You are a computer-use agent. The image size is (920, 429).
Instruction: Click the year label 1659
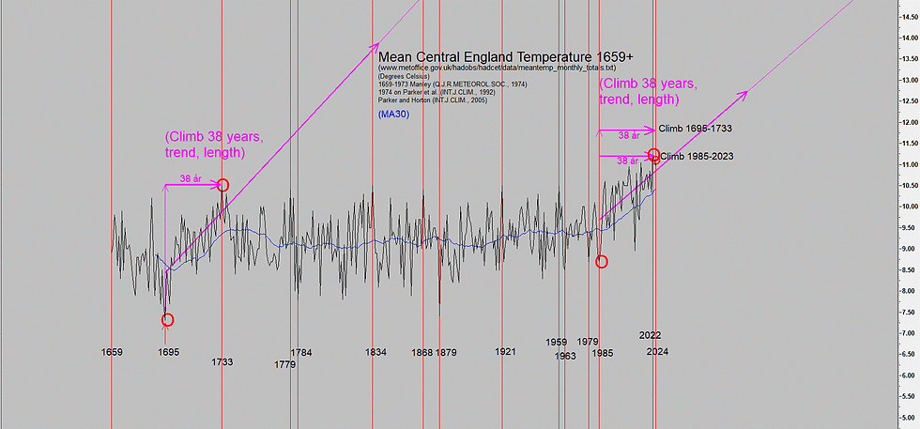click(x=112, y=352)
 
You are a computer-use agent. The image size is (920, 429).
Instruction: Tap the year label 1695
click(x=169, y=352)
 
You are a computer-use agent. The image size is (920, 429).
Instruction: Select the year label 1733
click(x=222, y=361)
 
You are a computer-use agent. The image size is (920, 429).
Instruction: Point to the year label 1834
click(x=376, y=352)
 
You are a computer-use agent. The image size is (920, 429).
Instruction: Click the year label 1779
click(x=285, y=364)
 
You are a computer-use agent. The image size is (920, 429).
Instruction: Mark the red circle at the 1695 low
click(x=167, y=320)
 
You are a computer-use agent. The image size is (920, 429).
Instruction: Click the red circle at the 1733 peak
click(x=222, y=185)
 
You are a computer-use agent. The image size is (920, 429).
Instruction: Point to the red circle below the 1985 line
click(x=601, y=261)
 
